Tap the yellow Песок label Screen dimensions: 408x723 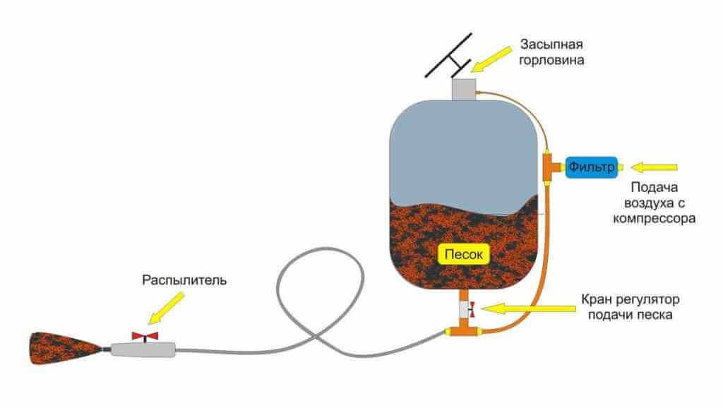pos(463,254)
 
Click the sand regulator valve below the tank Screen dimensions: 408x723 pos(467,308)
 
